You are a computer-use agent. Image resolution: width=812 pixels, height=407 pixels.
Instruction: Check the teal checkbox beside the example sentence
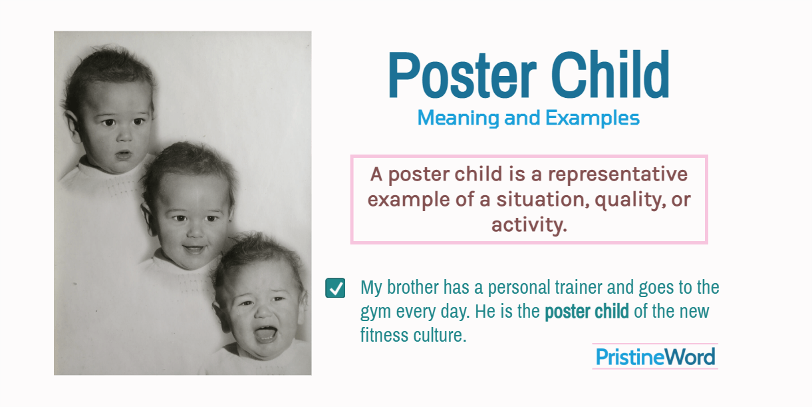click(x=335, y=288)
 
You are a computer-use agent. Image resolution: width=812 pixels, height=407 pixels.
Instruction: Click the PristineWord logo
click(x=655, y=357)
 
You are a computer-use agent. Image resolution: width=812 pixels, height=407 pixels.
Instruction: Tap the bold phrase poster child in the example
click(x=587, y=311)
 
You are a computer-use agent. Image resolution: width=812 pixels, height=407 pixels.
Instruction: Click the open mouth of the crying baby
click(x=265, y=332)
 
